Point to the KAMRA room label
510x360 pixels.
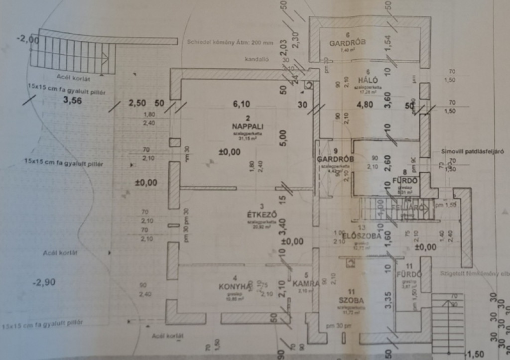pos(306,283)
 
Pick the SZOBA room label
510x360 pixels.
pos(351,301)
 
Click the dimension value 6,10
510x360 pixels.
pos(242,104)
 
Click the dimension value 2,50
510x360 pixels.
pos(137,103)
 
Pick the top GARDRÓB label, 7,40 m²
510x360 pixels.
pos(347,43)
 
